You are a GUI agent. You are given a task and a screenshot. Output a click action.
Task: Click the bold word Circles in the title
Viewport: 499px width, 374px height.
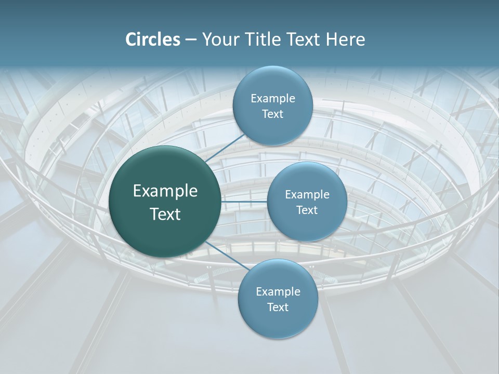[x=153, y=39]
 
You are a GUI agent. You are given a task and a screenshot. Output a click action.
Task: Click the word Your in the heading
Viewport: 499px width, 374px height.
[x=218, y=39]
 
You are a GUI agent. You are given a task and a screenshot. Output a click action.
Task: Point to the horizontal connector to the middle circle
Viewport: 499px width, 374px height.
[x=244, y=201]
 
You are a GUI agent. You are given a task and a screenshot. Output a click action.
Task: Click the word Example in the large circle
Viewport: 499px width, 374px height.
[x=165, y=191]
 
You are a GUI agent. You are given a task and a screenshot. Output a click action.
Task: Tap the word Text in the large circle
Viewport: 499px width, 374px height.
[x=165, y=214]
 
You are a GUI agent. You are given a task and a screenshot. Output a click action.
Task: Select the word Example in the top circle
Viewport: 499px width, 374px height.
[x=273, y=99]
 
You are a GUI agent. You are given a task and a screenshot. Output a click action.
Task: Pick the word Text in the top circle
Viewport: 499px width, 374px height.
[x=272, y=114]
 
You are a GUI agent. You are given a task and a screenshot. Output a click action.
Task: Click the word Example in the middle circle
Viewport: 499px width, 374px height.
[x=307, y=195]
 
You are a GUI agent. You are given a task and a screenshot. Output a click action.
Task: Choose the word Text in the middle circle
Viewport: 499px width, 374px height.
[x=307, y=210]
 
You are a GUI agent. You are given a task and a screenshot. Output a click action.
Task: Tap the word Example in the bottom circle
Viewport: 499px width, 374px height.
[x=278, y=292]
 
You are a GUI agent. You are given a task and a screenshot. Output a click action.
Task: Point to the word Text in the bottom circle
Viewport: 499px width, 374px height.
[x=278, y=308]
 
